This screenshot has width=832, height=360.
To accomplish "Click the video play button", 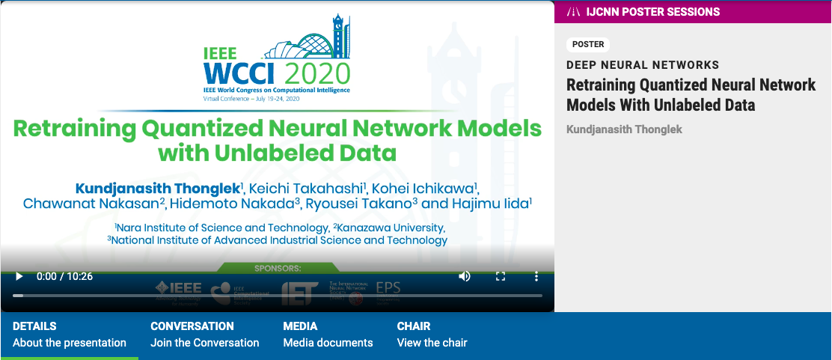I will click(x=19, y=276).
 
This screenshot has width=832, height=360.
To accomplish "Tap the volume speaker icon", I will click(x=465, y=276).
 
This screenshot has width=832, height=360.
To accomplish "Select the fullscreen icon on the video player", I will click(x=501, y=276).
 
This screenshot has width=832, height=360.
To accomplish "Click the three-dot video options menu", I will click(x=536, y=276).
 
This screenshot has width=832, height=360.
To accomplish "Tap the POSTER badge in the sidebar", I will click(x=588, y=44).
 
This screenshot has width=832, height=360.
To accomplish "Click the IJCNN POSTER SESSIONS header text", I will click(x=653, y=12).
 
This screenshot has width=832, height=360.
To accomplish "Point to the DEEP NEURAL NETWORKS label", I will click(x=643, y=65).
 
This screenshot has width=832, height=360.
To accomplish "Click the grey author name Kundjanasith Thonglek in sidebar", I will click(x=624, y=129).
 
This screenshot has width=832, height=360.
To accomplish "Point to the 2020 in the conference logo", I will click(x=318, y=73).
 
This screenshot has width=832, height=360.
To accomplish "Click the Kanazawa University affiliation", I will click(x=390, y=228).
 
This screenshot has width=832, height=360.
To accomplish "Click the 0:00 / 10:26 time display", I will click(x=64, y=276).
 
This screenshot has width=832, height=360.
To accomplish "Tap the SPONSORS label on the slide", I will click(x=278, y=267).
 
